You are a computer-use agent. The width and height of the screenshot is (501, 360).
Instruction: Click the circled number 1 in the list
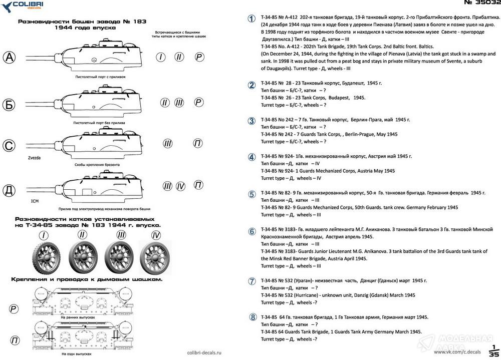pos(252,19)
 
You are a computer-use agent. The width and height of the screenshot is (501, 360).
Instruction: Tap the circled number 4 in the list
pos(252,157)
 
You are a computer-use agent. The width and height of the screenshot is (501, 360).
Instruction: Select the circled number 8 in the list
pos(252,317)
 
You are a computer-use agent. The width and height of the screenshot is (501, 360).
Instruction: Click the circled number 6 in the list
pos(252,231)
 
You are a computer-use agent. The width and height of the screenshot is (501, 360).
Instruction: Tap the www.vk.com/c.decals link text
pos(453,352)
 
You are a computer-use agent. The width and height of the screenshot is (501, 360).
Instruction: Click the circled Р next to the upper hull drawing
pos(14,308)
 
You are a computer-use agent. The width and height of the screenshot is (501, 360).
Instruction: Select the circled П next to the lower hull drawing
pos(14,341)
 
